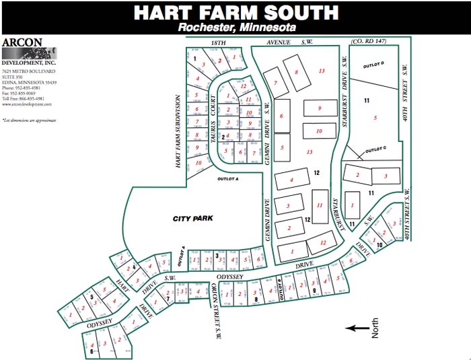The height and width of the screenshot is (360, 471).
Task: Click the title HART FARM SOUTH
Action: [235, 12]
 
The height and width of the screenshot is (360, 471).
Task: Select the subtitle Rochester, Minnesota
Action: [237, 28]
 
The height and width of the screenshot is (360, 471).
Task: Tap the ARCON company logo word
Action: [22, 42]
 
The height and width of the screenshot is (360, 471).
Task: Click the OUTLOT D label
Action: [373, 64]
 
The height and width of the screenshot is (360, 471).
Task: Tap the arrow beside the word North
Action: [357, 328]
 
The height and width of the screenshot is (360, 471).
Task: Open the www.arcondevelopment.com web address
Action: [27, 104]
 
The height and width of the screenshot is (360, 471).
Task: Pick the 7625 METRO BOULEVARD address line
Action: [28, 71]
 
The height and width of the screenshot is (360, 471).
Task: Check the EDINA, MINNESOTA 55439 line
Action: [29, 82]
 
